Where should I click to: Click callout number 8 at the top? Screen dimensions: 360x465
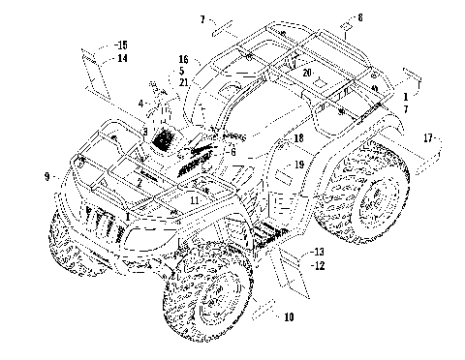(360, 17)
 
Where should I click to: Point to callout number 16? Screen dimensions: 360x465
(182, 60)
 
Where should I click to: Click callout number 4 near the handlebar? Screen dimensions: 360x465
(140, 103)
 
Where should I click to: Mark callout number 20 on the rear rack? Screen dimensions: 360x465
(306, 73)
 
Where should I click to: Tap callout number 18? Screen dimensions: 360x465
(297, 140)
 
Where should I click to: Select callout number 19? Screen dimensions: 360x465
(299, 165)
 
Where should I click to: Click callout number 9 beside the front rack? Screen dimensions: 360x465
(46, 176)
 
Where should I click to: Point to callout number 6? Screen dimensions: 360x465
(232, 151)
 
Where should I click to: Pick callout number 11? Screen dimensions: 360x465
(196, 199)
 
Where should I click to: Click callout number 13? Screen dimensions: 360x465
(318, 250)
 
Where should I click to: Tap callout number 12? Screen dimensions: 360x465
(318, 262)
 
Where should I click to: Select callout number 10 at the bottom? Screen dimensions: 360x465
(288, 316)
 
